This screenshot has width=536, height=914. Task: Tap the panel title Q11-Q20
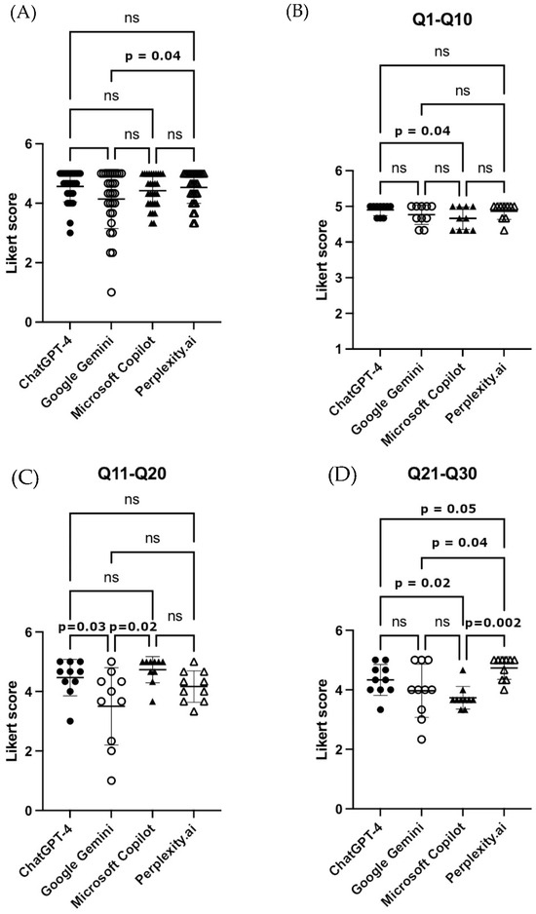(133, 474)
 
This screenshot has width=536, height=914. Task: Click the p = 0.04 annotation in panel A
(152, 57)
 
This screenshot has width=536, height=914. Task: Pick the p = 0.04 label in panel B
(422, 131)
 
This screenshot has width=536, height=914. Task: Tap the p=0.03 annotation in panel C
(83, 628)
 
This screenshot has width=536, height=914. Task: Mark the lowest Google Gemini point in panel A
(111, 292)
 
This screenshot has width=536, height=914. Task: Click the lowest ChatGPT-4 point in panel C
(70, 721)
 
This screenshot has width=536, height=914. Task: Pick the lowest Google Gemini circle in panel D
(421, 740)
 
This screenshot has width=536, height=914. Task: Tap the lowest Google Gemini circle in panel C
(111, 781)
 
